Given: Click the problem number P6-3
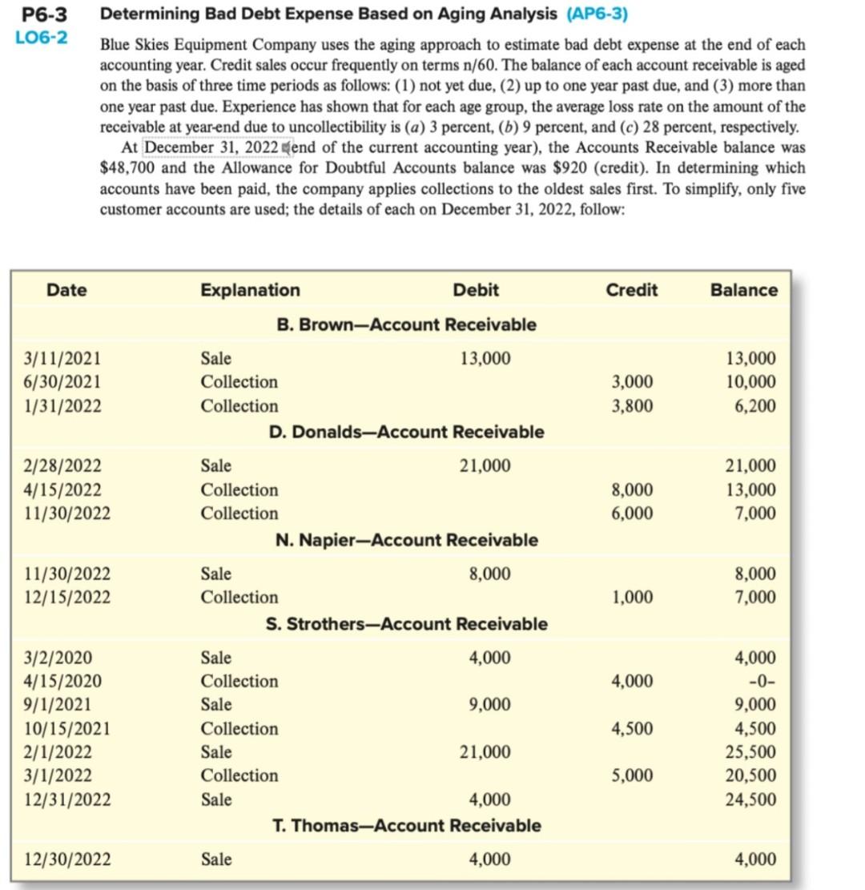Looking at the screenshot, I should (42, 14).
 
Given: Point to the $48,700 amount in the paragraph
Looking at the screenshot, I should (128, 168).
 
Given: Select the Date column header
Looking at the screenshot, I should (66, 290).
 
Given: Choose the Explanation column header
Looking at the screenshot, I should (250, 290).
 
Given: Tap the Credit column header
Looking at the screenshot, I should (631, 290).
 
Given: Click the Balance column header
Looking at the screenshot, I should (743, 290).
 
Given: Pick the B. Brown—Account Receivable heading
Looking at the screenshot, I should (406, 324).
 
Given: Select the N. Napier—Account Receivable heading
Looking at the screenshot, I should (406, 540).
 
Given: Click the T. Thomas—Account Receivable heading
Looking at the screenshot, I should (406, 825).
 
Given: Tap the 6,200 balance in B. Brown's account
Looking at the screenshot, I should (755, 406).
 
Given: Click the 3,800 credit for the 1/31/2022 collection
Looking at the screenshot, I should (632, 406).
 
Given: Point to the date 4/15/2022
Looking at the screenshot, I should (62, 489).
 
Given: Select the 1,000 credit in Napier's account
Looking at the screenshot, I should (632, 598).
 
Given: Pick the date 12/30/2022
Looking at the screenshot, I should (67, 860).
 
